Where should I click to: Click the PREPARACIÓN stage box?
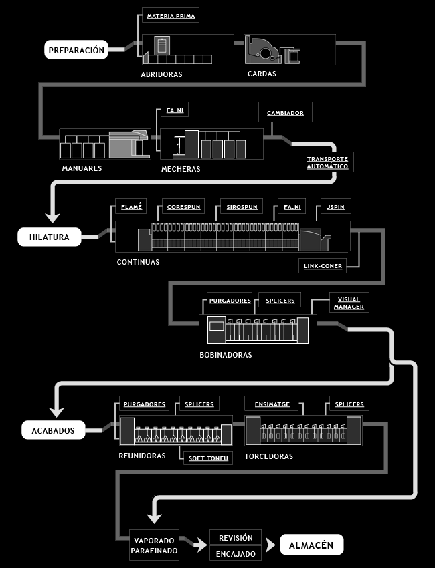[x=76, y=50]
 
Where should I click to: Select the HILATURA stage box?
[x=50, y=237]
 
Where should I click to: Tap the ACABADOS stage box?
[x=54, y=430]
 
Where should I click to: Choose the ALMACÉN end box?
[x=312, y=545]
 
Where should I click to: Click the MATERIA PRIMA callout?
[x=171, y=15]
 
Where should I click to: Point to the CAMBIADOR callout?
[x=285, y=112]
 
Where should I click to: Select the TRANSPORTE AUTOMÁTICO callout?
[x=327, y=162]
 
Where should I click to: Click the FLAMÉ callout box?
[x=131, y=206]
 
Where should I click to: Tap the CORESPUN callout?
[x=183, y=206]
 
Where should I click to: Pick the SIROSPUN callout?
[x=242, y=206]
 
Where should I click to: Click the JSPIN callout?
[x=335, y=206]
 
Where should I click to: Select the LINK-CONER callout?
[x=323, y=265]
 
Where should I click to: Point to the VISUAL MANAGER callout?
[x=349, y=303]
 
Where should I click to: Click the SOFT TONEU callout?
[x=208, y=458]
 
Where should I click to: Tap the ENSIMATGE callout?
[x=272, y=404]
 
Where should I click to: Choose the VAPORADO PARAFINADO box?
[x=154, y=545]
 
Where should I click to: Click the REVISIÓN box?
[x=236, y=537]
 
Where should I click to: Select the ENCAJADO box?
[x=236, y=553]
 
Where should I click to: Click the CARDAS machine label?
[x=262, y=74]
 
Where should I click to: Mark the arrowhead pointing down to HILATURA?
[x=53, y=218]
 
